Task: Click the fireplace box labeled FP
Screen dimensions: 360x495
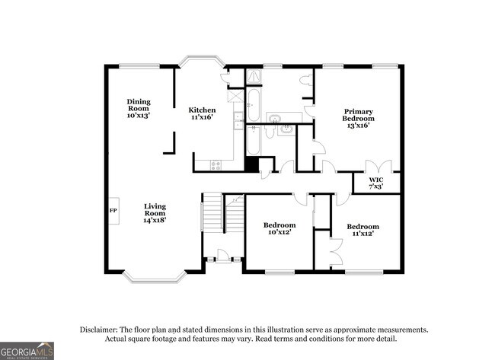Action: [x=113, y=209]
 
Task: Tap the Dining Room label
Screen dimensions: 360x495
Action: [x=139, y=109]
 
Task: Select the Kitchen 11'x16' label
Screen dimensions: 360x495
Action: [x=203, y=113]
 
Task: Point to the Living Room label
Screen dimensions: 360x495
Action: [x=155, y=212]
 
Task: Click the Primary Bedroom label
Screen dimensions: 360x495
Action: [x=358, y=117]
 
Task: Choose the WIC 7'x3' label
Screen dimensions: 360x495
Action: [x=375, y=183]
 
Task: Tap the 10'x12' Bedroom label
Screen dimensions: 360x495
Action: [x=279, y=229]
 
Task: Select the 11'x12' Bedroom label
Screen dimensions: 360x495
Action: [x=362, y=230]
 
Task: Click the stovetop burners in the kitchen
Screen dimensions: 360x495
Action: [x=216, y=164]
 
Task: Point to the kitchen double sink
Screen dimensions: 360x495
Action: [x=238, y=117]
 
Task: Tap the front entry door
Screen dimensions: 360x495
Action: [x=224, y=255]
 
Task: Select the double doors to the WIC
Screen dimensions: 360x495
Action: [x=378, y=167]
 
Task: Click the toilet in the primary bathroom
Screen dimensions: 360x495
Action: [x=305, y=80]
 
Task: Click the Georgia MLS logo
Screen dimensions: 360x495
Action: [x=27, y=350]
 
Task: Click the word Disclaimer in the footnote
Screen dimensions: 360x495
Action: [x=102, y=330]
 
